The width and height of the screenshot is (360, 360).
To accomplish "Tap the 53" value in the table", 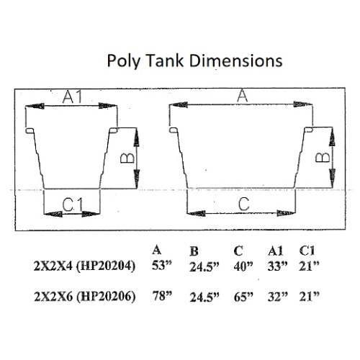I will (x=159, y=266).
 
